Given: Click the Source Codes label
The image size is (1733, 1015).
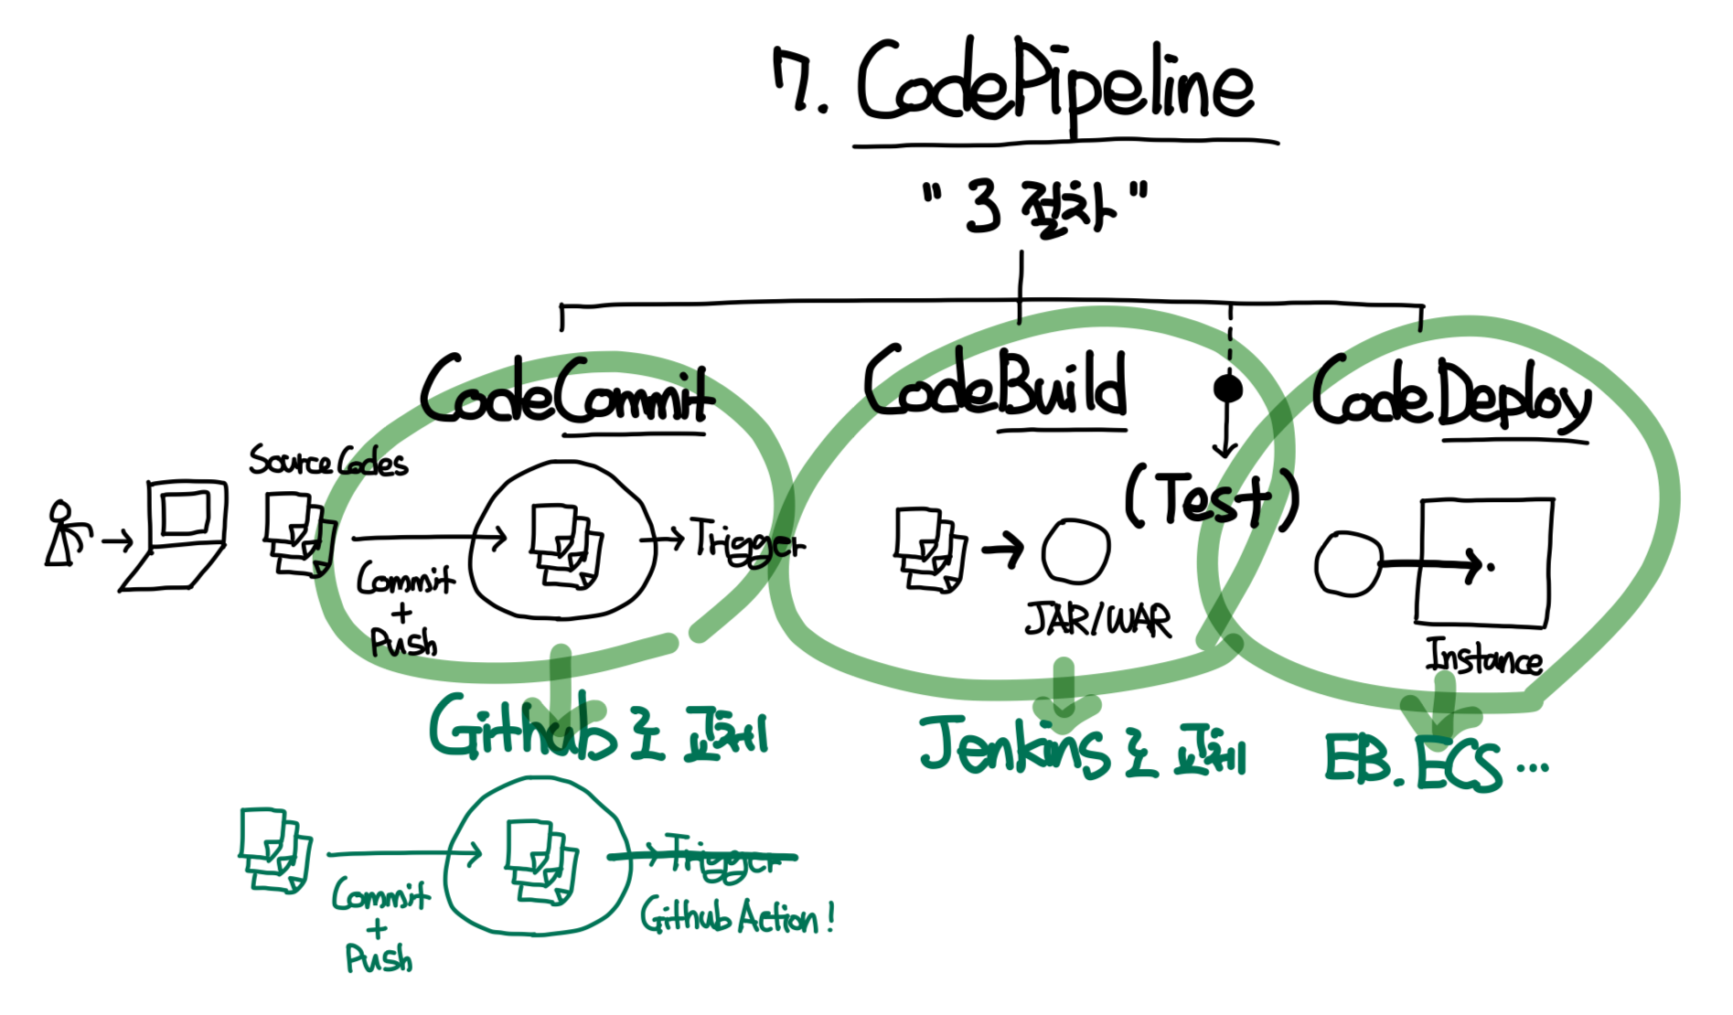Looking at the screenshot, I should [328, 461].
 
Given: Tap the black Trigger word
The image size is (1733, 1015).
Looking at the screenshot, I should [746, 540].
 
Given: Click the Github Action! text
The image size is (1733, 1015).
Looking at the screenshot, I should [736, 916].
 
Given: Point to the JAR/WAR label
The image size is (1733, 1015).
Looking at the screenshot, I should [1097, 621].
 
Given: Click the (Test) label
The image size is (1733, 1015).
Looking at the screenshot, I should [1212, 498].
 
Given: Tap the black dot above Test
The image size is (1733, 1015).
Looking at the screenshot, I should [1227, 389].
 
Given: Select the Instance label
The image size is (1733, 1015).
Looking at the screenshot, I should [1483, 657].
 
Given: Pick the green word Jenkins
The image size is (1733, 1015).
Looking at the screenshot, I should [1015, 745].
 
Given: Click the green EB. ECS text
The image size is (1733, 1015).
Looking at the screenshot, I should [1413, 761].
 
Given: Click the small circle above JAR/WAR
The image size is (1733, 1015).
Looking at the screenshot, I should [1075, 551].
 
